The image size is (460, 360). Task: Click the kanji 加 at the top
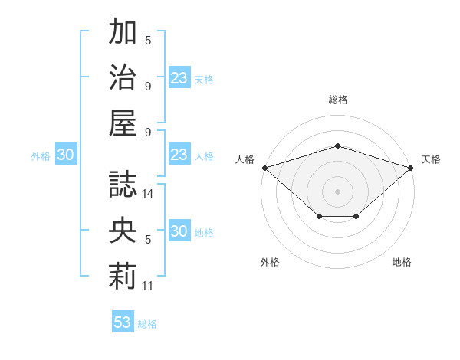[123, 31]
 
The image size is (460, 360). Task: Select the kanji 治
[123, 77]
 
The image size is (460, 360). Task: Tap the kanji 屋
[123, 123]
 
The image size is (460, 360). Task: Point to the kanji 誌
[123, 185]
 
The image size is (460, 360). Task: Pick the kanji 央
[123, 230]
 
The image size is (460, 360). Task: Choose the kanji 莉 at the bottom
[123, 277]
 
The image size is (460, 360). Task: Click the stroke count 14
[147, 194]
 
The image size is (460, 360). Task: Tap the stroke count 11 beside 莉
[147, 286]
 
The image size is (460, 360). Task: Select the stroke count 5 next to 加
[148, 41]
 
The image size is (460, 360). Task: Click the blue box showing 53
[123, 321]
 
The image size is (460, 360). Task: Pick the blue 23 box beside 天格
[179, 77]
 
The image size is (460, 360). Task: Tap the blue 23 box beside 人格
[179, 154]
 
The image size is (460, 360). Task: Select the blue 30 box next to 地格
[179, 230]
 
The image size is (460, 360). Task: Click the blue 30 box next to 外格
[66, 154]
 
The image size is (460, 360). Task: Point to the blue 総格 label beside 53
[147, 324]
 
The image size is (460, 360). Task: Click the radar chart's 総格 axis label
[338, 100]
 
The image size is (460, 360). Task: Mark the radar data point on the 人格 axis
[265, 168]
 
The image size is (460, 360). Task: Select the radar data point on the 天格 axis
[411, 168]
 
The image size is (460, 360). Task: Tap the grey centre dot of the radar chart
[337, 191]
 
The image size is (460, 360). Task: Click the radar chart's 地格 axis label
[402, 262]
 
